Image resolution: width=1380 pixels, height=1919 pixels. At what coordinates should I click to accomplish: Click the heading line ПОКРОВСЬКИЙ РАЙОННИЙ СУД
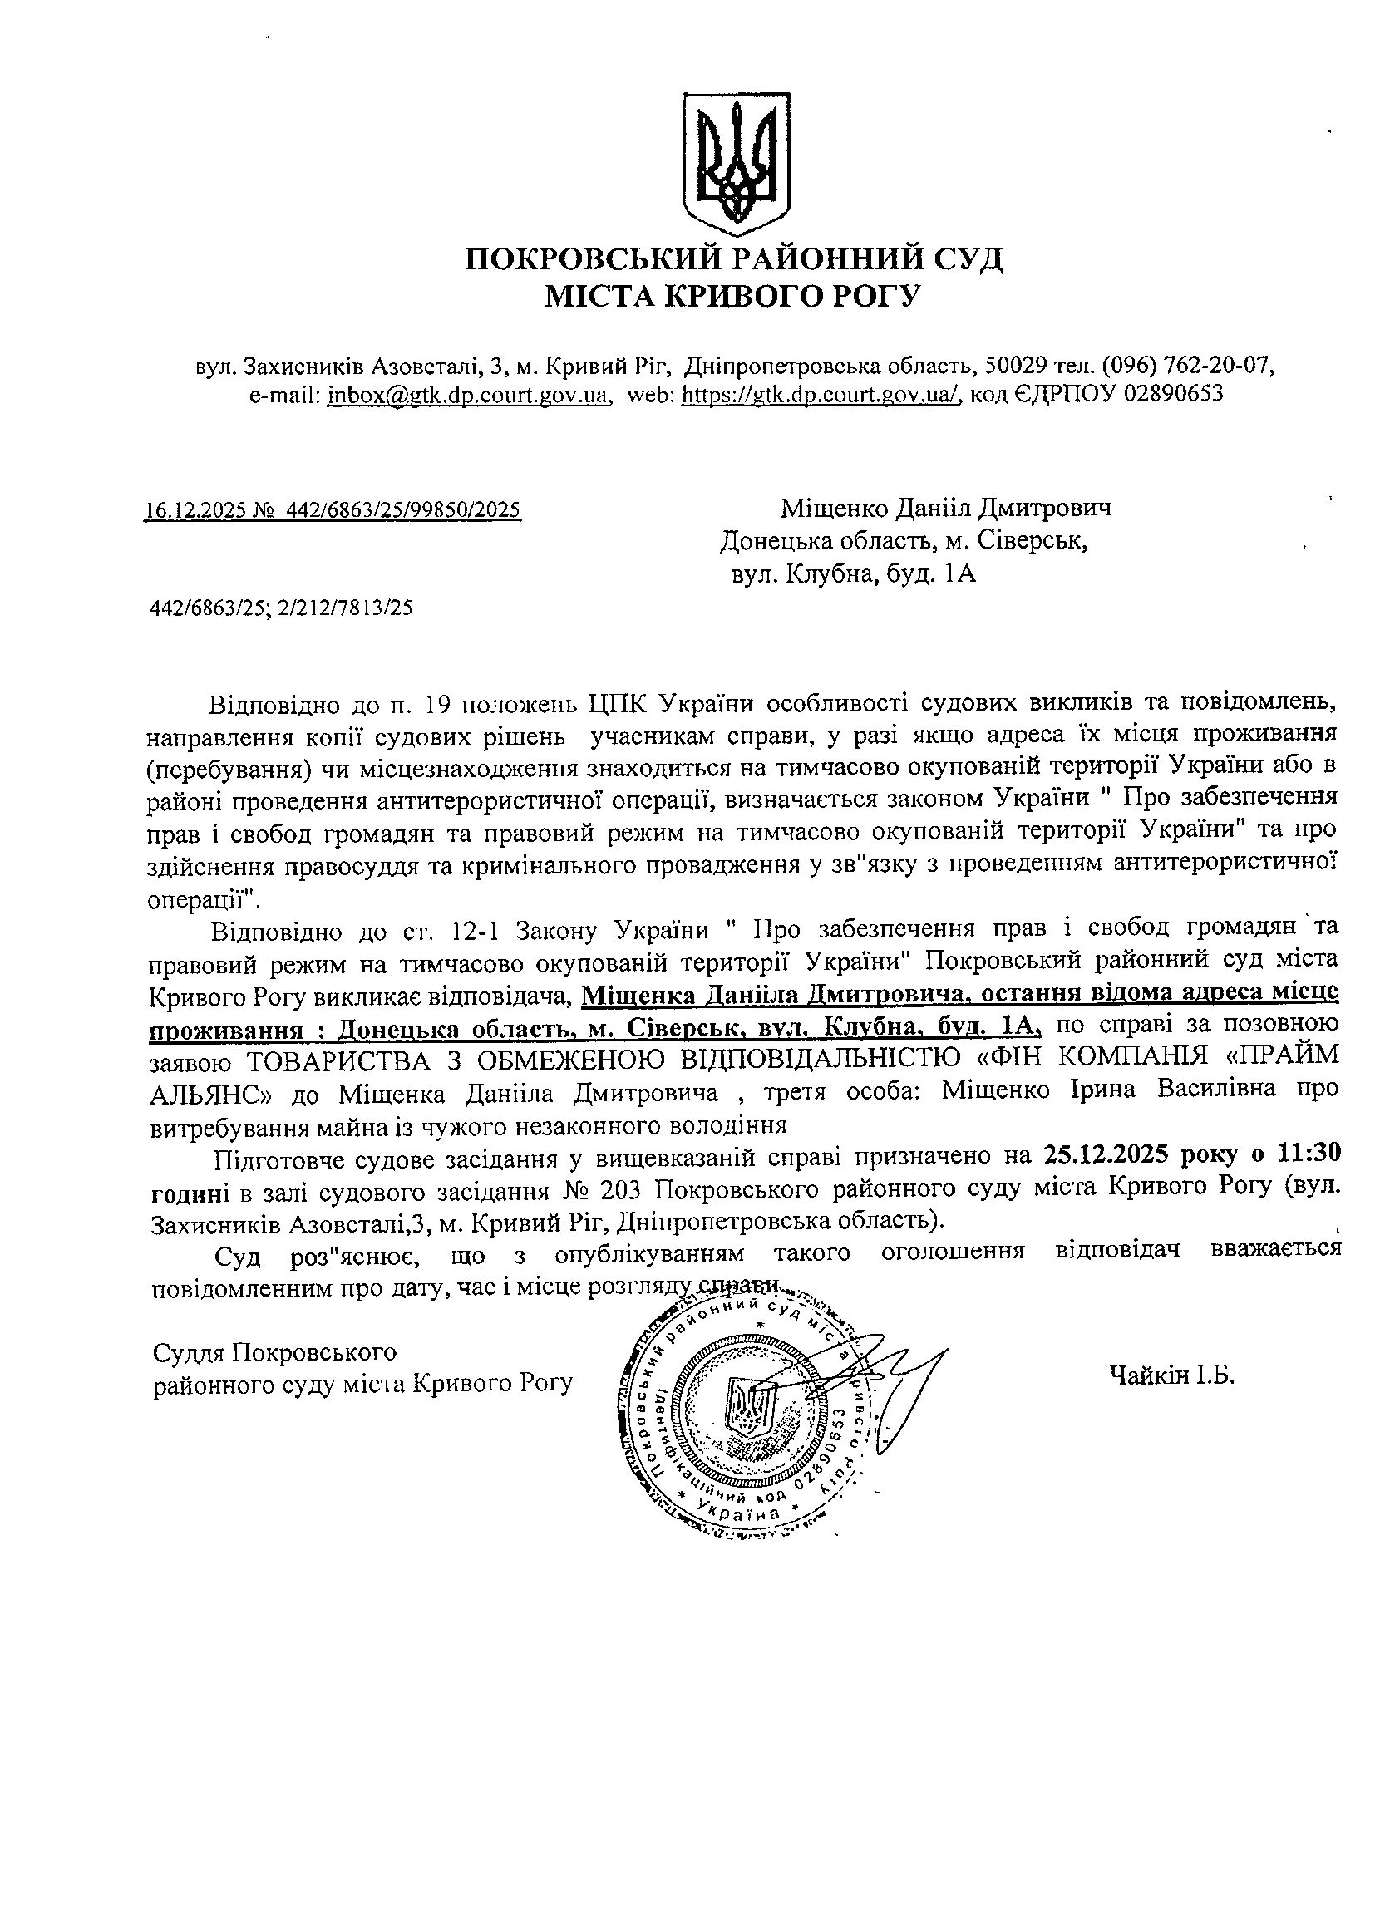pyautogui.click(x=733, y=258)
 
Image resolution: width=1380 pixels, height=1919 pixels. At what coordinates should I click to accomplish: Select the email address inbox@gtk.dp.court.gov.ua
pyautogui.click(x=469, y=394)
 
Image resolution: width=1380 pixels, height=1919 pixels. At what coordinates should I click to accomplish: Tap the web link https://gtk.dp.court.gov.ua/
pyautogui.click(x=821, y=394)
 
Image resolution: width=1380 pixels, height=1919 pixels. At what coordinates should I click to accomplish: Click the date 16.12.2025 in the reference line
pyautogui.click(x=192, y=509)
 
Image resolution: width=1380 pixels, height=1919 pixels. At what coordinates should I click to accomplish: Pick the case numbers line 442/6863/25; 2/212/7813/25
pyautogui.click(x=281, y=608)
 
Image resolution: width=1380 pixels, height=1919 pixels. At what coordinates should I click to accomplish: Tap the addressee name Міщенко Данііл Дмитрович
pyautogui.click(x=945, y=508)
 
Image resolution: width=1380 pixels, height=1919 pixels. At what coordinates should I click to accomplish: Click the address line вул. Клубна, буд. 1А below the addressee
pyautogui.click(x=854, y=575)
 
